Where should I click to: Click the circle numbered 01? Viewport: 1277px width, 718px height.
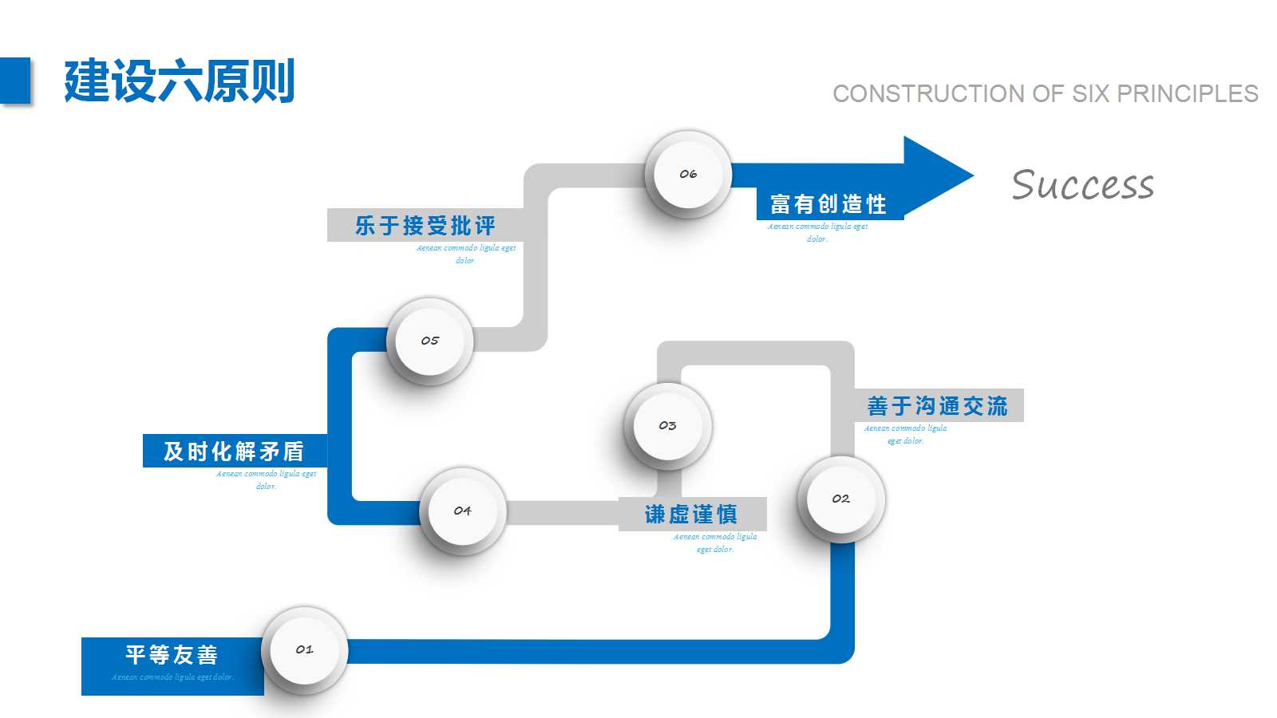304,649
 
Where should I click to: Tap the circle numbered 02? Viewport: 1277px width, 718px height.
840,499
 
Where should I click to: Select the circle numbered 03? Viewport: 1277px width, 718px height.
667,426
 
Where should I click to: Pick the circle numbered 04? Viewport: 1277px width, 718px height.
462,511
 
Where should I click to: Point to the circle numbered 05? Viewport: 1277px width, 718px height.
429,341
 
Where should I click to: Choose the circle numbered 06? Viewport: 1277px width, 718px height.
688,174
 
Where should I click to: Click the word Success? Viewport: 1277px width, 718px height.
1082,185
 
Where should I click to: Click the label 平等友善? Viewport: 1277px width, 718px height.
172,655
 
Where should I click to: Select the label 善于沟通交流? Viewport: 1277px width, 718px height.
937,406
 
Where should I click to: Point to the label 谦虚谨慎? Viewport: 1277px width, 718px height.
691,515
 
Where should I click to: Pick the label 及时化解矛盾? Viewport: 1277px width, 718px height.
234,452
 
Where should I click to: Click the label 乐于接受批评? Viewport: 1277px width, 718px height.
425,226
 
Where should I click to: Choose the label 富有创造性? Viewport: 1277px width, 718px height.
828,204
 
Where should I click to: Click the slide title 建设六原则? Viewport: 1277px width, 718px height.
180,81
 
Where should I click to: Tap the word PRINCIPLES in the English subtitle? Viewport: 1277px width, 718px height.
1187,94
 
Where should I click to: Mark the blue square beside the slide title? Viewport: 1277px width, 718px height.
15,80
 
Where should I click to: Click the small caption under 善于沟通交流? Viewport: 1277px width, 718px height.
905,434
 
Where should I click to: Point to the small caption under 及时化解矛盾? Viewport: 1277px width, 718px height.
266,479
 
